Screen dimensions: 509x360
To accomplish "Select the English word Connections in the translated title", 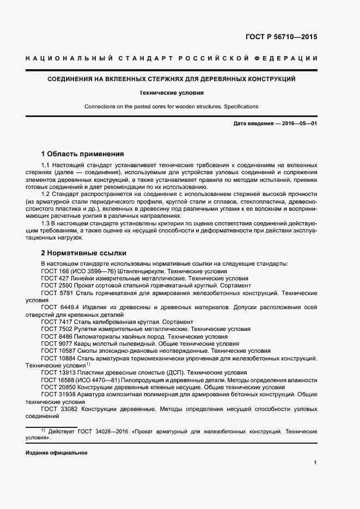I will coord(100,106).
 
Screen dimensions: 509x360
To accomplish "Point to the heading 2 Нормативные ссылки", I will coord(84,253).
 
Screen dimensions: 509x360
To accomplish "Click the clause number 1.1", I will coord(46,165).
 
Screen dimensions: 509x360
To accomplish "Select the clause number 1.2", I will coord(46,194).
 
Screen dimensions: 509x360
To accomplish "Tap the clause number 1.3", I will coord(46,223).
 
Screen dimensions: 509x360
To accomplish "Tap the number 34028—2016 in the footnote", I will coord(112,431).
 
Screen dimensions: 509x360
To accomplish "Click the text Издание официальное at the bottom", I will coord(57,453).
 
